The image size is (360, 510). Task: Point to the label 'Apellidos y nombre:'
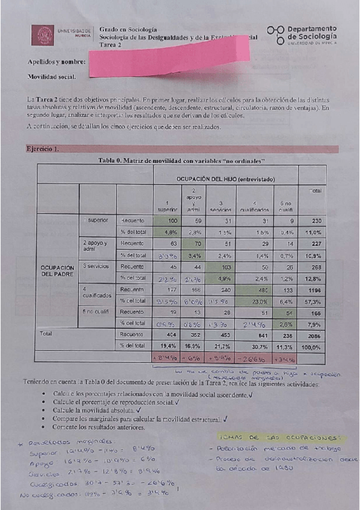[56, 62]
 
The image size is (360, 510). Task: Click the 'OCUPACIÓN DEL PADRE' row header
[57, 271]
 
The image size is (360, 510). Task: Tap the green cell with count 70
[196, 244]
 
